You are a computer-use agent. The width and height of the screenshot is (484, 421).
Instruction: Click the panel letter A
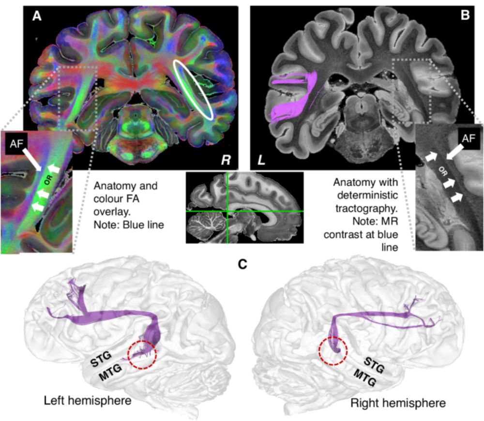[x=37, y=15]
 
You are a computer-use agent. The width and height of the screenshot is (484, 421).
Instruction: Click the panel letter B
[x=465, y=15]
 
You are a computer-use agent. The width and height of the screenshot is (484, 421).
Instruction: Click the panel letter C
[x=242, y=264]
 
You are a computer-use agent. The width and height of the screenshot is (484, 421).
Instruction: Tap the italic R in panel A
[x=226, y=160]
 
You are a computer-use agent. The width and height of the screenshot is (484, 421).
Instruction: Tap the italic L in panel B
[x=261, y=160]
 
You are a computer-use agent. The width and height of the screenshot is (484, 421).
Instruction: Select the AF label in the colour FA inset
[x=16, y=144]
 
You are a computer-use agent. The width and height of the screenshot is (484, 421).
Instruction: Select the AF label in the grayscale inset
[x=468, y=138]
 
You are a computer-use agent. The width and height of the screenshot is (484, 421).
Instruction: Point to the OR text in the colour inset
[x=48, y=180]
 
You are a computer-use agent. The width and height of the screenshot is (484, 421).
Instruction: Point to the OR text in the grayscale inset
[x=442, y=172]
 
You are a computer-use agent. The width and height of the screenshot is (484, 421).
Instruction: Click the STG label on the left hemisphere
[x=101, y=359]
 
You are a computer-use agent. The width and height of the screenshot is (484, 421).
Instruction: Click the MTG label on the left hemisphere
[x=110, y=373]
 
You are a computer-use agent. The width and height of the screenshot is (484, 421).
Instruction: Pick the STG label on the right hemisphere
[x=374, y=365]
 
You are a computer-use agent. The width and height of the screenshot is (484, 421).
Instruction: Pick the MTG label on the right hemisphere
[x=365, y=378]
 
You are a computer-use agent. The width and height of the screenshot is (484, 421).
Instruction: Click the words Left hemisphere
[x=88, y=401]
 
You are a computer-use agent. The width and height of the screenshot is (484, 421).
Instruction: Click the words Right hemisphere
[x=398, y=403]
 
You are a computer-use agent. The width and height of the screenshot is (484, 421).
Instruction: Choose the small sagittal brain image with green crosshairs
[x=244, y=208]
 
